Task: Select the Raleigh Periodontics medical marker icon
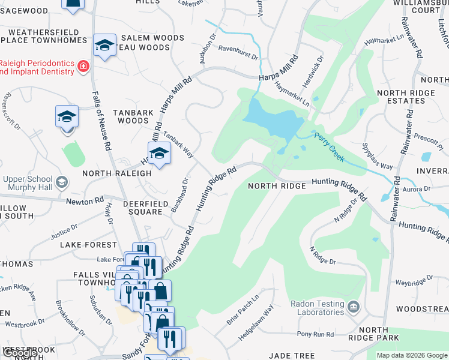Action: (83, 66)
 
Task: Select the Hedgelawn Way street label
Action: (256, 322)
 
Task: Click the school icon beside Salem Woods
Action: (105, 45)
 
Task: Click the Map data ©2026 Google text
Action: (411, 355)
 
